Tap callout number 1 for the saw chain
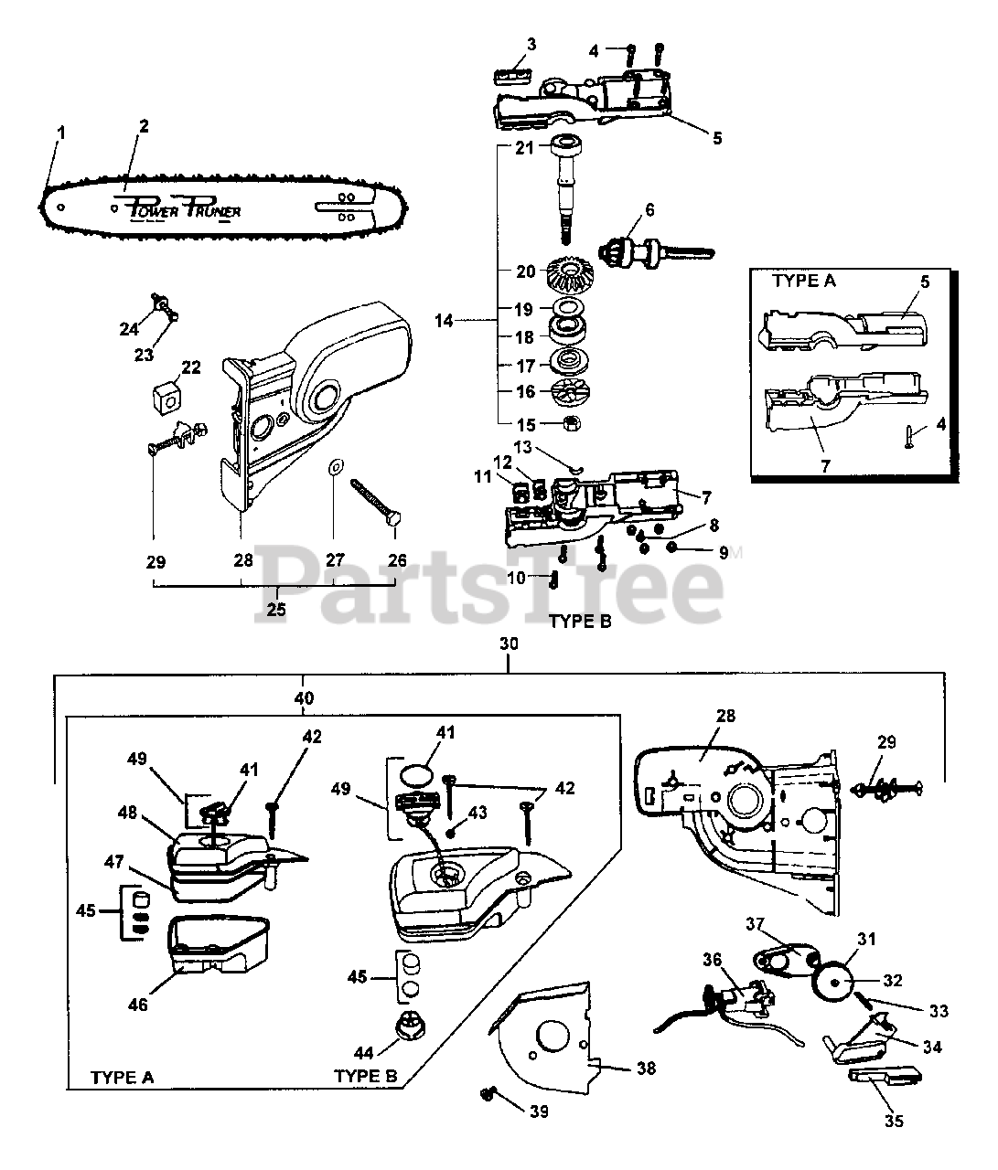(60, 133)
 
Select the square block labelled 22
(167, 399)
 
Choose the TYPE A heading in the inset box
(804, 281)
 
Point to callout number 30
(509, 644)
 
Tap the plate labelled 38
(549, 1037)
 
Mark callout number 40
(305, 698)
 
